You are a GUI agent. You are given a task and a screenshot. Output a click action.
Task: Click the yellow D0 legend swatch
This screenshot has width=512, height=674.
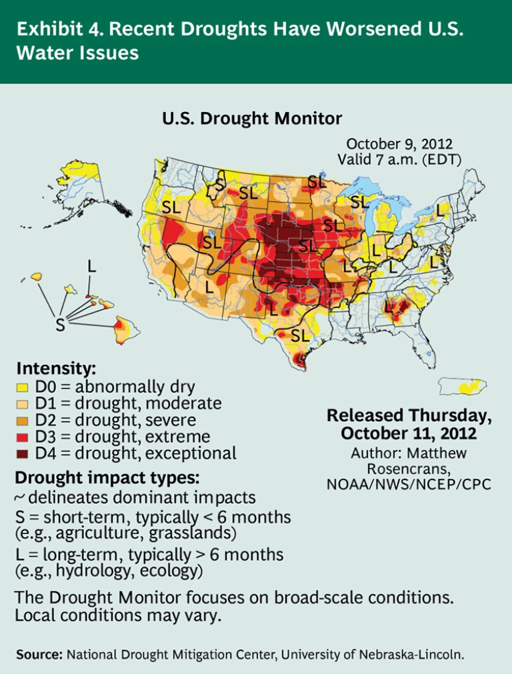coord(21,387)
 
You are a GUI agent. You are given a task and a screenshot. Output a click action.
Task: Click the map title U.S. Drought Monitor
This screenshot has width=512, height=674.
coord(252,119)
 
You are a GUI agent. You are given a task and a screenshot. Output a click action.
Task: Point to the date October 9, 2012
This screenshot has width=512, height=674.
coord(399,144)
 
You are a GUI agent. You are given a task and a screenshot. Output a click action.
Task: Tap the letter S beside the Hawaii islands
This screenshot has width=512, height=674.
coord(60,325)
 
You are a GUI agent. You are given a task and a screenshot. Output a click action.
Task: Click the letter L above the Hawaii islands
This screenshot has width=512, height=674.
coord(91,266)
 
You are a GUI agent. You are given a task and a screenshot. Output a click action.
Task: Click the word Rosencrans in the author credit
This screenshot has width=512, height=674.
coord(409,469)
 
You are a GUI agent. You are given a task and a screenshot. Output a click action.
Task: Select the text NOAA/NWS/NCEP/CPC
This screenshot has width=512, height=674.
coord(409,485)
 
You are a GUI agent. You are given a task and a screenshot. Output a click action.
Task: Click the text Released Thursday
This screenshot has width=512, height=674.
coord(409,416)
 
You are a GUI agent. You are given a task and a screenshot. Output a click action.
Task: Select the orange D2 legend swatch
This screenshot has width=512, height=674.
coord(21,421)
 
